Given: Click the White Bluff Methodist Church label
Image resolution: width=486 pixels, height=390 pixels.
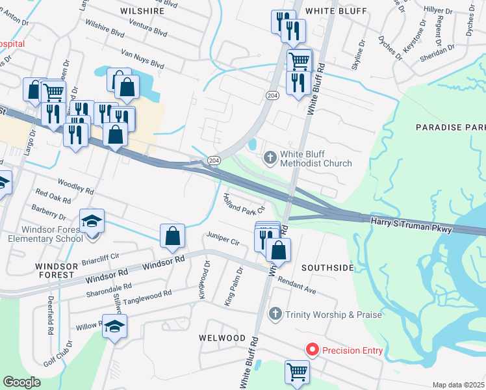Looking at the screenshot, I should (x=316, y=159).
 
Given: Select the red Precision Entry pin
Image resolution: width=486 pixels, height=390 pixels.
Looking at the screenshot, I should (x=312, y=350).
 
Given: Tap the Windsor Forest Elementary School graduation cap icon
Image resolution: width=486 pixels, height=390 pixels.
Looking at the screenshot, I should (x=92, y=221).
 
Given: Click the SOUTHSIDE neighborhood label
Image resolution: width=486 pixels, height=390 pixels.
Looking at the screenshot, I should (x=328, y=267).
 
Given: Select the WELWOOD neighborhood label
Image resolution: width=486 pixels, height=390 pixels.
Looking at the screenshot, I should (x=223, y=338).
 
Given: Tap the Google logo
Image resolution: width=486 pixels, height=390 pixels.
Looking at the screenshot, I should (x=21, y=382).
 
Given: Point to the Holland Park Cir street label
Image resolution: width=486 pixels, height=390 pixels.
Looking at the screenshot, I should (x=244, y=203).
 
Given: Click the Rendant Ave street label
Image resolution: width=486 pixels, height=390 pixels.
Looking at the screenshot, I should (x=296, y=286).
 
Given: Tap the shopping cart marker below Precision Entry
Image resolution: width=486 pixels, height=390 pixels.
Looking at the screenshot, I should (x=298, y=372).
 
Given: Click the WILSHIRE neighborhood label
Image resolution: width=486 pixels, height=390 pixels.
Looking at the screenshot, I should (x=142, y=11).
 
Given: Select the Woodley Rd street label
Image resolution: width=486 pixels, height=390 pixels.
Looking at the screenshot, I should (x=76, y=187).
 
